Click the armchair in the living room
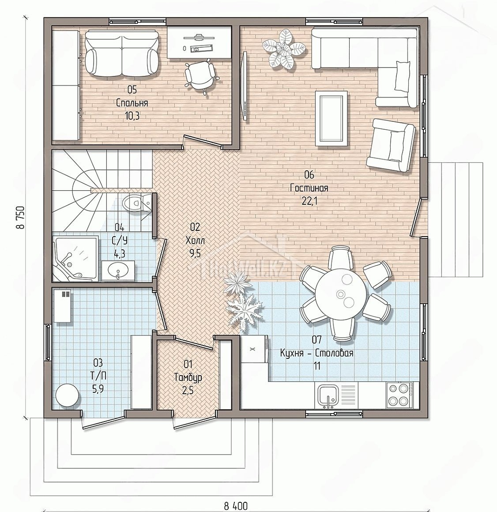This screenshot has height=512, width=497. (391, 145)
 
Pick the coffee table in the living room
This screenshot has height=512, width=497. (331, 118)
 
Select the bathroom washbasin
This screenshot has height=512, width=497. (117, 271)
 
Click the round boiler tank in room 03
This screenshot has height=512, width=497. (67, 395)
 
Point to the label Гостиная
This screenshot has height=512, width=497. (309, 188)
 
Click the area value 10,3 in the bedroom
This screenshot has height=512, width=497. (132, 116)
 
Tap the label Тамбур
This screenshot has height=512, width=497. (188, 377)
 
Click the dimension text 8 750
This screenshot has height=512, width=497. (22, 218)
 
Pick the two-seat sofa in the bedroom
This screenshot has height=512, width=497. (122, 53)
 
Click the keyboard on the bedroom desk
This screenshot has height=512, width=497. (201, 48)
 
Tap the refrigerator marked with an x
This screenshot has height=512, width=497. (254, 350)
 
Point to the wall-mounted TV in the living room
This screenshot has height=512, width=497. (244, 86)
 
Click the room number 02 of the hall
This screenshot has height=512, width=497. (195, 226)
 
